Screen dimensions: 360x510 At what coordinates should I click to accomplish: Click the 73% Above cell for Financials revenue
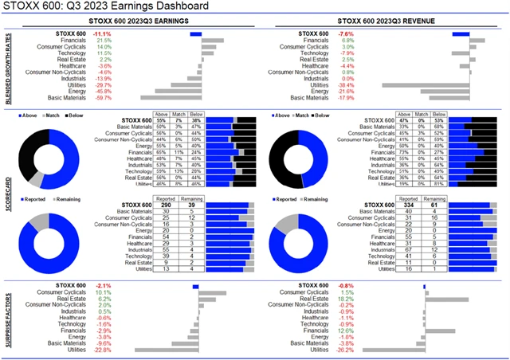tap(405, 151)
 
